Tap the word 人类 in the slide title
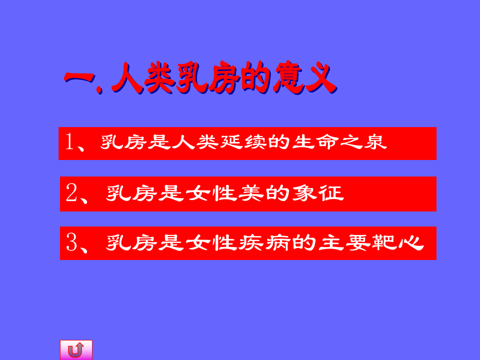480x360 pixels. pyautogui.click(x=143, y=79)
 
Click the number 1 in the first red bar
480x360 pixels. pyautogui.click(x=70, y=142)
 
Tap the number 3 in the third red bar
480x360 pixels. pyautogui.click(x=71, y=243)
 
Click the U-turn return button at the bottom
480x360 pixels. pyautogui.click(x=76, y=350)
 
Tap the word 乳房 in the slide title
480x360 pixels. pyautogui.click(x=207, y=79)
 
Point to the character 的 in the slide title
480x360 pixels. pyautogui.click(x=255, y=79)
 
